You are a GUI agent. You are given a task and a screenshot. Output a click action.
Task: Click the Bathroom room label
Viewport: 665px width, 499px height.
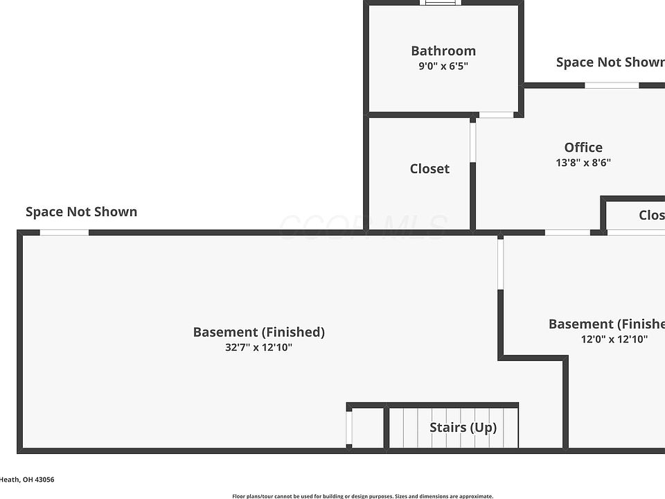[x=443, y=51]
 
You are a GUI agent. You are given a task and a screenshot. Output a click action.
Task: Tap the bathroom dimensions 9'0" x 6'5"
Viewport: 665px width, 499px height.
[x=443, y=67]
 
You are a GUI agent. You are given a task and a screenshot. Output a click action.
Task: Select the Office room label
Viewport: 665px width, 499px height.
[x=583, y=147]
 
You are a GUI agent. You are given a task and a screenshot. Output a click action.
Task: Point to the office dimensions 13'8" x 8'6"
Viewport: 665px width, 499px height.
[x=583, y=163]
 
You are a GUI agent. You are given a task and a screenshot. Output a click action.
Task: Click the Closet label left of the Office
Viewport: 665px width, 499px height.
[x=429, y=168]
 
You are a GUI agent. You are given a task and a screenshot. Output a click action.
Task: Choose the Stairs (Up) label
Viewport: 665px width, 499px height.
[x=463, y=427]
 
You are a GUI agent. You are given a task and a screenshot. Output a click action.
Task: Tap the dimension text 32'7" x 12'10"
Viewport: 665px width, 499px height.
[x=258, y=347]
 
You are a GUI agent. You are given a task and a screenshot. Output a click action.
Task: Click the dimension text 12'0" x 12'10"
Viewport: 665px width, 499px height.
[x=614, y=340]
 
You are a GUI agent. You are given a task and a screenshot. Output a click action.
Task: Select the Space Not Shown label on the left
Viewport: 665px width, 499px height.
[x=81, y=211]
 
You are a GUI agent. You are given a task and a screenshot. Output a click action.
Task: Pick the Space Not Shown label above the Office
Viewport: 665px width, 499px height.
[x=610, y=62]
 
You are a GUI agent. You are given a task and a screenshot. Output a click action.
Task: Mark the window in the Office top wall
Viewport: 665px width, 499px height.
[x=612, y=85]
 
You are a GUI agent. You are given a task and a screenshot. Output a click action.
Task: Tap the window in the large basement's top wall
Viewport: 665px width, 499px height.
[x=64, y=232]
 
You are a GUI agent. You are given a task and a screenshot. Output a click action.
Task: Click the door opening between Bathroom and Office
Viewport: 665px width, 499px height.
[x=496, y=114]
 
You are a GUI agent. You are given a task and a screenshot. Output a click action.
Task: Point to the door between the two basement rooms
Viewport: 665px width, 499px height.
[x=500, y=263]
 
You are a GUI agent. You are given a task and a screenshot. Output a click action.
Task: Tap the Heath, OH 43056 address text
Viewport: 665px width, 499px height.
[x=27, y=480]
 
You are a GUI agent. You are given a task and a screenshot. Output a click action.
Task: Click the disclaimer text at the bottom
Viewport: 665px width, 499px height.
[x=362, y=496]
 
